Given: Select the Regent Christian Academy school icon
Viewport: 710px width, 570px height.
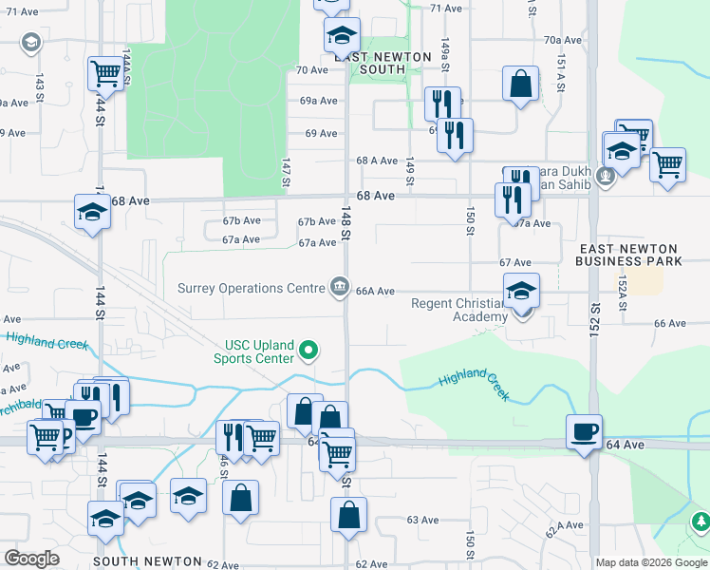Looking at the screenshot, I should [x=521, y=293].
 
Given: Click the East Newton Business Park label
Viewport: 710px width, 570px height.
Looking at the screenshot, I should [x=630, y=254].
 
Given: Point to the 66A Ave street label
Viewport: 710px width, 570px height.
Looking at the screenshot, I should [x=375, y=292].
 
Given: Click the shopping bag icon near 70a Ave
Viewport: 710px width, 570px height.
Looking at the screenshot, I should [x=521, y=84].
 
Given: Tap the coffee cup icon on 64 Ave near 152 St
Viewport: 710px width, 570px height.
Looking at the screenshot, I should [x=585, y=433].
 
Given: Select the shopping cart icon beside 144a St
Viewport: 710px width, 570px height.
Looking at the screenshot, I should [x=106, y=74].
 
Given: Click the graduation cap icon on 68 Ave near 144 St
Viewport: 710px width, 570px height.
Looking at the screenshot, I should [x=93, y=213].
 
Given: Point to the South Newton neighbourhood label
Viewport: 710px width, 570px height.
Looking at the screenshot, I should [x=147, y=562].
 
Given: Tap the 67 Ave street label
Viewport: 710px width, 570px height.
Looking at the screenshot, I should [x=514, y=262].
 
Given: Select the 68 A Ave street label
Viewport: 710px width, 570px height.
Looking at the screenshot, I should [x=377, y=161].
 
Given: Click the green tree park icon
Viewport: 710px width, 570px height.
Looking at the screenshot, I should [x=701, y=522].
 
